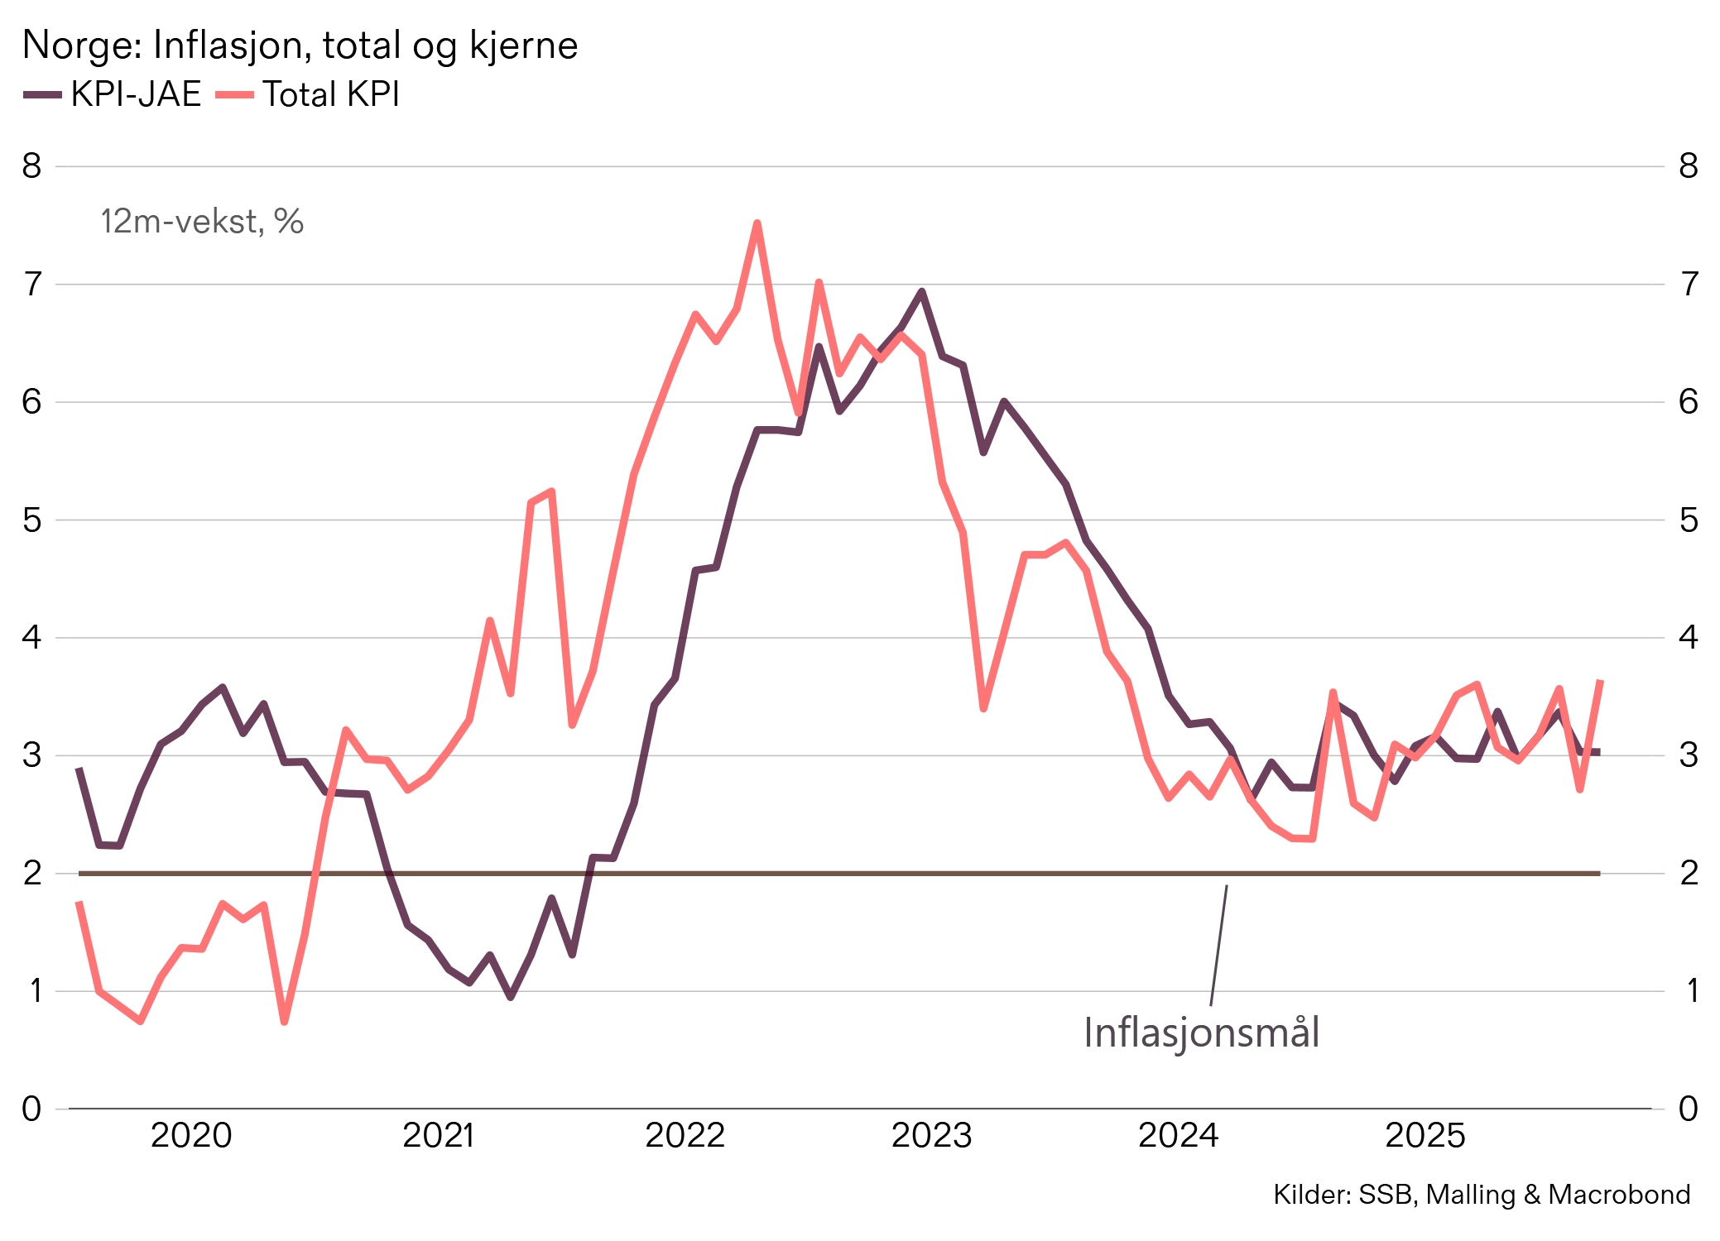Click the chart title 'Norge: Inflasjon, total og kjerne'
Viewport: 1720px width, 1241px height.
click(300, 46)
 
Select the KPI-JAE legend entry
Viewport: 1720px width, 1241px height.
click(113, 94)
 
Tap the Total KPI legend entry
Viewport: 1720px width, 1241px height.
click(309, 94)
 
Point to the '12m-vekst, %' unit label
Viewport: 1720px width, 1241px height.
click(202, 222)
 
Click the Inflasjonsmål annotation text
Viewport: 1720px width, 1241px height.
click(1201, 1033)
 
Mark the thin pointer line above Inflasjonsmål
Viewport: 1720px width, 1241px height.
click(1218, 946)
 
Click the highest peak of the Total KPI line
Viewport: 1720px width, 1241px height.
click(757, 223)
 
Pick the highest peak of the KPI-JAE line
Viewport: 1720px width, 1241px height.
click(921, 291)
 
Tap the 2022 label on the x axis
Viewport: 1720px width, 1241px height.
click(685, 1135)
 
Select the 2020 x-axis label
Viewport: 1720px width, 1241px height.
click(191, 1135)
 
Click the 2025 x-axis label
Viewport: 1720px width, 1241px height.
click(1425, 1135)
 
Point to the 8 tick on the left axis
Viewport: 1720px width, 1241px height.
click(31, 166)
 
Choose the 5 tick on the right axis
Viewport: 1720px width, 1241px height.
click(1689, 520)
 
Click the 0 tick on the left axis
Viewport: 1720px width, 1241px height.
click(31, 1109)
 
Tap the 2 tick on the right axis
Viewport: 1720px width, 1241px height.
click(1689, 873)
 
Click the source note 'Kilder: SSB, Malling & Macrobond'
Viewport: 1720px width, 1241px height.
click(1481, 1195)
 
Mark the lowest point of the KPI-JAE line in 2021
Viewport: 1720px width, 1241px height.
click(511, 997)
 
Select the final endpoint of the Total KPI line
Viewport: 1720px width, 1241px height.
click(1601, 682)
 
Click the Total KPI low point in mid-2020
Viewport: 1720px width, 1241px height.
click(285, 1022)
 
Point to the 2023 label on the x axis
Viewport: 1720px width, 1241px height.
click(931, 1135)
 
